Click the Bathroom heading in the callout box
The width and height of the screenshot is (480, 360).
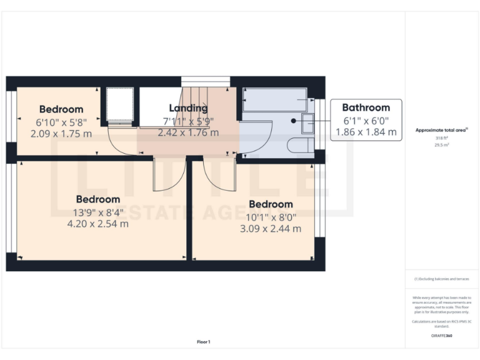[366, 107]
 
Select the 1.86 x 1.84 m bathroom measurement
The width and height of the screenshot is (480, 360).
[366, 132]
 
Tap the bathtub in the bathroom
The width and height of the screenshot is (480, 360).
[274, 99]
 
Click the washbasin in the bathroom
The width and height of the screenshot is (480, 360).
[307, 123]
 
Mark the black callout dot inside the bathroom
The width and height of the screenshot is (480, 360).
[293, 120]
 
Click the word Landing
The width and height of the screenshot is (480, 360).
[188, 108]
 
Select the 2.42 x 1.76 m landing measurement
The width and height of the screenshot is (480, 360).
[188, 132]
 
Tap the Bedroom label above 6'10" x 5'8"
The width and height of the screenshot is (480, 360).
[61, 109]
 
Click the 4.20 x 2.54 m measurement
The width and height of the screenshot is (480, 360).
[98, 223]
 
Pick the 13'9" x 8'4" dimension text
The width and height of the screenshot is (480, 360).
[98, 211]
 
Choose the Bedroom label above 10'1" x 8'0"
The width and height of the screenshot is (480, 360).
[271, 204]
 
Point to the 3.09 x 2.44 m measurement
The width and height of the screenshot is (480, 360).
[271, 229]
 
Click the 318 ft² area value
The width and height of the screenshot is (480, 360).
[441, 138]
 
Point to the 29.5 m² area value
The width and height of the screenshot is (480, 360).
[441, 144]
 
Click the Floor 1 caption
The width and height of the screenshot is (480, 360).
[204, 342]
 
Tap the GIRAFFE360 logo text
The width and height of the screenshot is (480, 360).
[441, 336]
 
